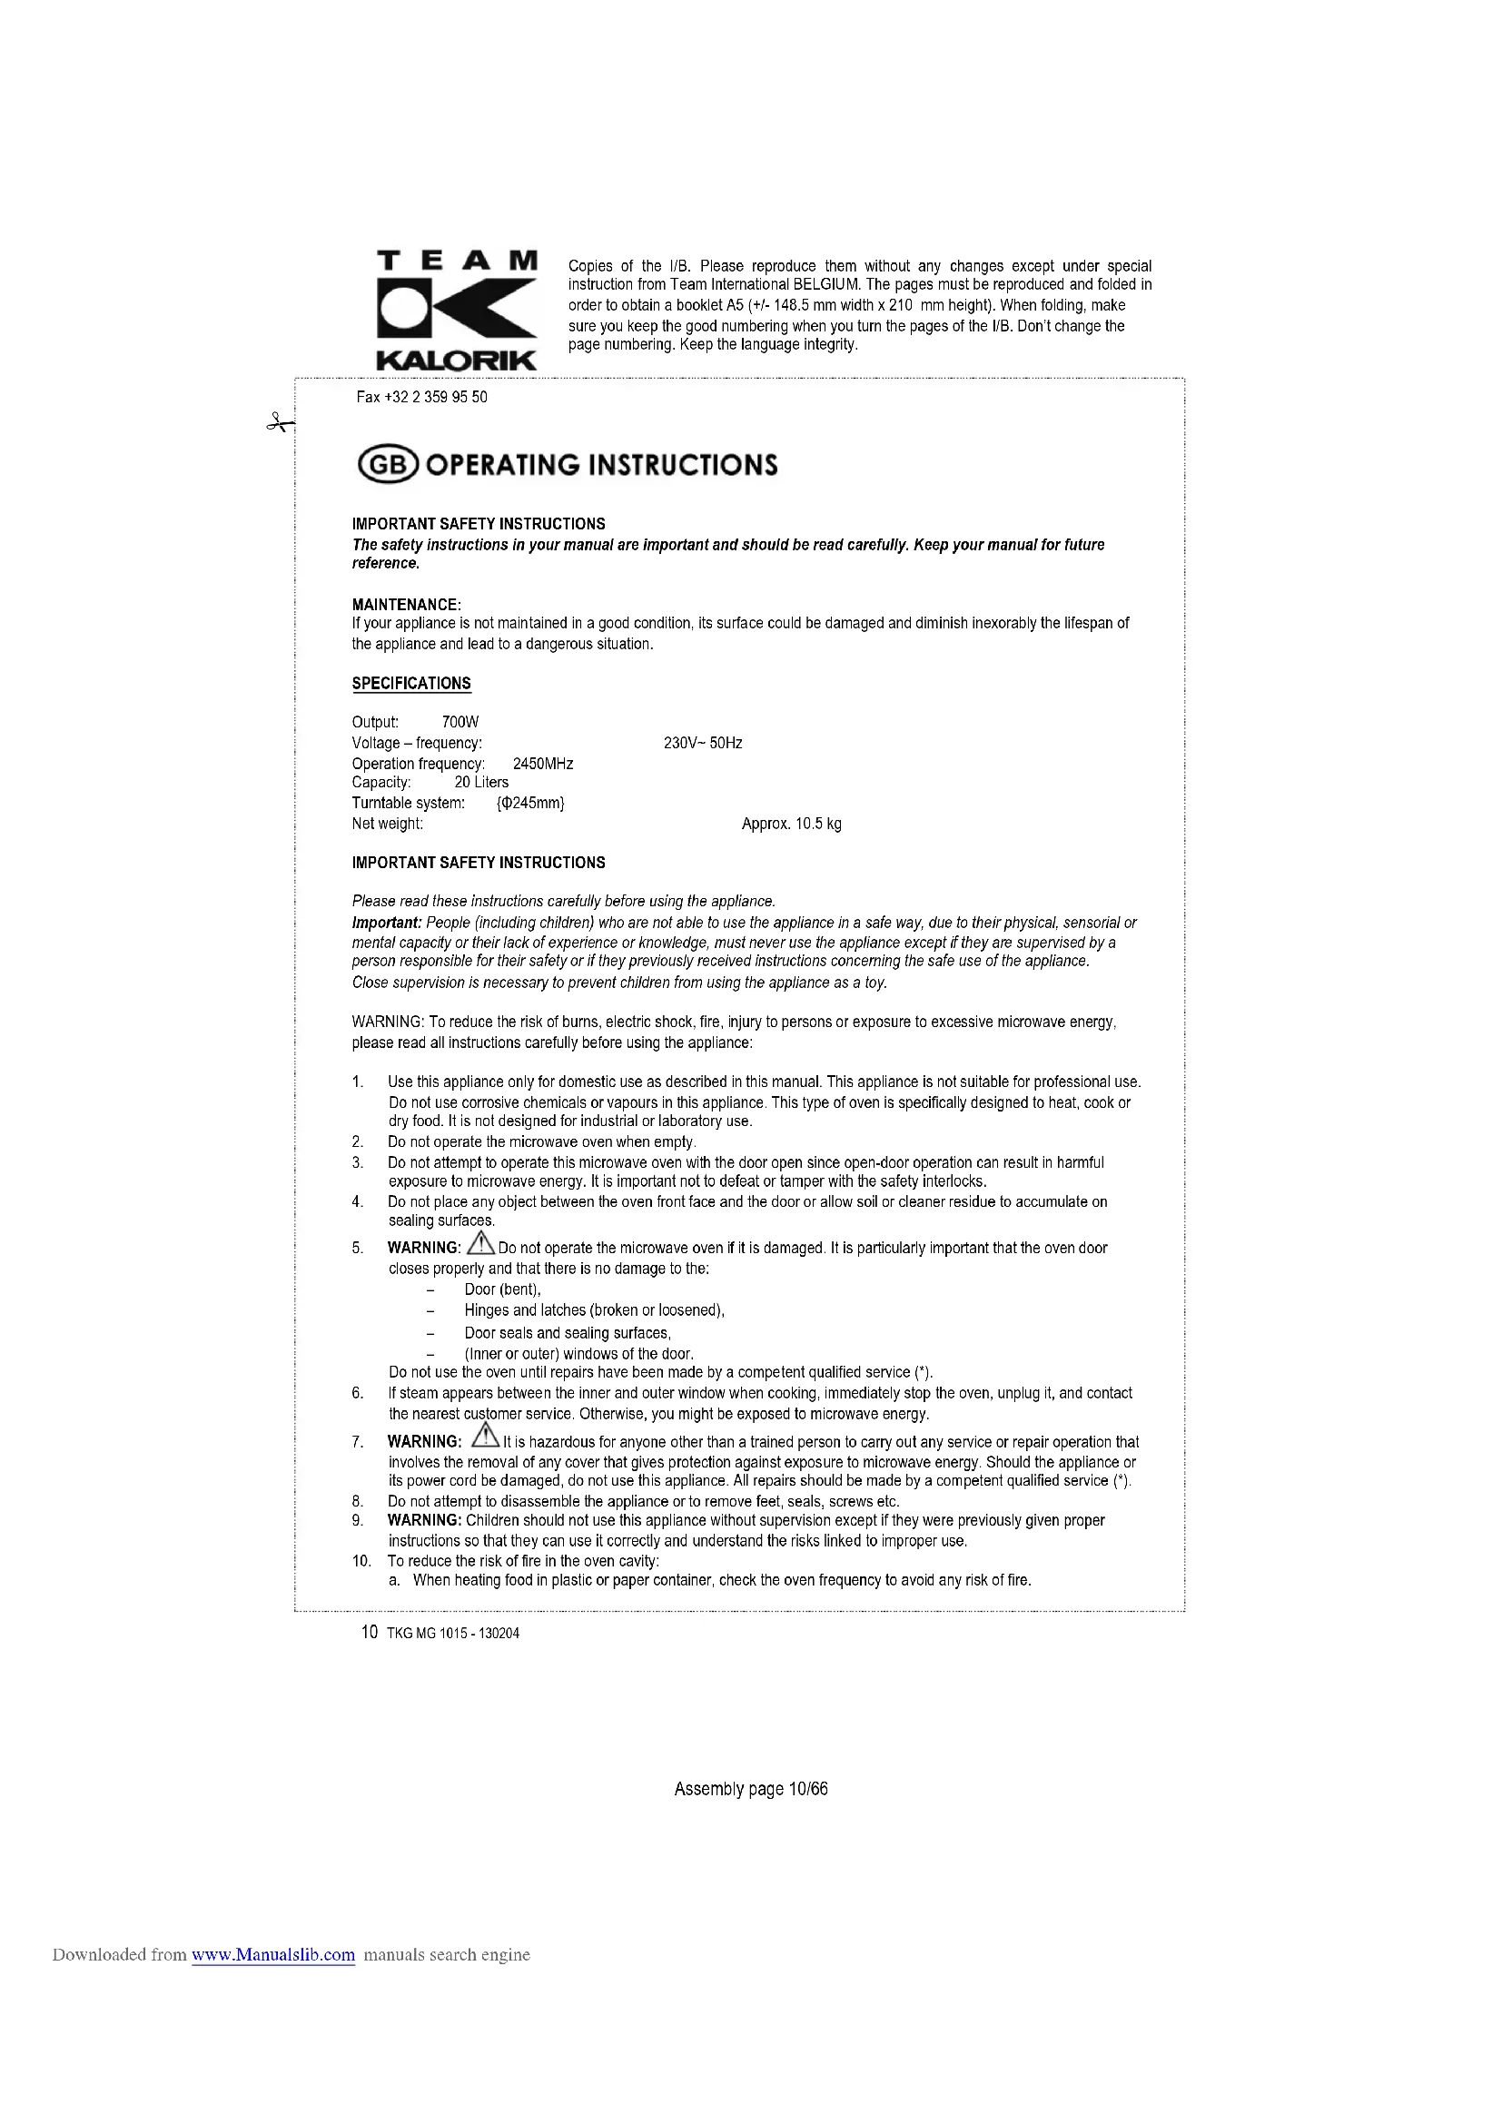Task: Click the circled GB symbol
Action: pyautogui.click(x=388, y=464)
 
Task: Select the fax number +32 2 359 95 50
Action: pyautogui.click(x=421, y=397)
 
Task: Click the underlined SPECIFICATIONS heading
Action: pyautogui.click(x=411, y=684)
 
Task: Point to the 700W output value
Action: pyautogui.click(x=459, y=723)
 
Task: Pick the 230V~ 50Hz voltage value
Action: pyautogui.click(x=703, y=743)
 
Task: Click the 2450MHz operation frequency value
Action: pyautogui.click(x=543, y=763)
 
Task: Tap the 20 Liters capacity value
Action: pyautogui.click(x=481, y=782)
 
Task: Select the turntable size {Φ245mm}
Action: pyautogui.click(x=530, y=803)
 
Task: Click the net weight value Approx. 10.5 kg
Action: pyautogui.click(x=792, y=824)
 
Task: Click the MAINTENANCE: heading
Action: pyautogui.click(x=406, y=605)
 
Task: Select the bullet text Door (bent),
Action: pyautogui.click(x=502, y=1289)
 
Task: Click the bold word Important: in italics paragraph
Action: pyautogui.click(x=387, y=923)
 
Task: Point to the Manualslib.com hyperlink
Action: pyautogui.click(x=272, y=1955)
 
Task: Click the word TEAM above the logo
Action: pyautogui.click(x=457, y=260)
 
